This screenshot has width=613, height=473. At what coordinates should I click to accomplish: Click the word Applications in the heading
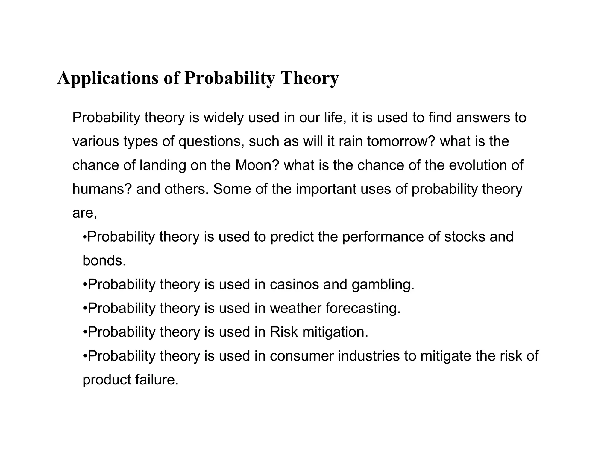pyautogui.click(x=108, y=78)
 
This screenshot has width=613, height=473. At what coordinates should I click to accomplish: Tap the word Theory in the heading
pyautogui.click(x=309, y=78)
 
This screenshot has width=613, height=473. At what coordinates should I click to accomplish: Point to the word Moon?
pyautogui.click(x=257, y=165)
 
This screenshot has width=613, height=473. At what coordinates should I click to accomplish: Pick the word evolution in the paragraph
pyautogui.click(x=477, y=165)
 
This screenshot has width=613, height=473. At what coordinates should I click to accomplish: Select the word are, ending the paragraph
pyautogui.click(x=84, y=213)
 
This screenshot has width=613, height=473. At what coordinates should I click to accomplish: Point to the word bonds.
pyautogui.click(x=104, y=260)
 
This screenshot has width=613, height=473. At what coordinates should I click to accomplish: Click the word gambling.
pyautogui.click(x=383, y=284)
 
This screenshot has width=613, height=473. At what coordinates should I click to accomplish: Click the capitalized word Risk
pyautogui.click(x=284, y=332)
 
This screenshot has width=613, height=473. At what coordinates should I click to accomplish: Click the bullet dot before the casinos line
pyautogui.click(x=85, y=285)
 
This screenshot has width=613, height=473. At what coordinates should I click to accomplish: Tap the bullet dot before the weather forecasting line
pyautogui.click(x=85, y=309)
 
